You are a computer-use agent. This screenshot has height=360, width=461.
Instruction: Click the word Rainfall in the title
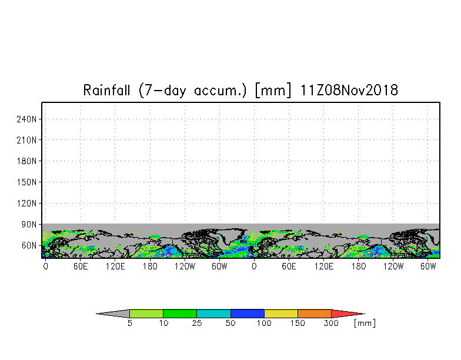(106, 90)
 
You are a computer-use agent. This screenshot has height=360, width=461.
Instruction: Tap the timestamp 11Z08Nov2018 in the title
(349, 90)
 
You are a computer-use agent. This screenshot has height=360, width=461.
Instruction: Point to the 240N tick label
(26, 119)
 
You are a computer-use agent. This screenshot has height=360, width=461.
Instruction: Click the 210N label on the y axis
(26, 140)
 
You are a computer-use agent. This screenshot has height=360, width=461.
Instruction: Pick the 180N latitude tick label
(26, 161)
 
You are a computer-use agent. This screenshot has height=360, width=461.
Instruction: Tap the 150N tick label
(26, 182)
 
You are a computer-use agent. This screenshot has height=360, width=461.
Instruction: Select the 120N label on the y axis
(26, 204)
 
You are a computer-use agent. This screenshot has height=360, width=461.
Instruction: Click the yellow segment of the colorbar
(281, 314)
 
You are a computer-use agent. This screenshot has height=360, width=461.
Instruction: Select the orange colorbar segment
(314, 314)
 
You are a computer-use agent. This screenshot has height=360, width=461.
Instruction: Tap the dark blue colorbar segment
(247, 314)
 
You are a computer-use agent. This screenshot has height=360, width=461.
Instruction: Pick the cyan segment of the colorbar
(213, 314)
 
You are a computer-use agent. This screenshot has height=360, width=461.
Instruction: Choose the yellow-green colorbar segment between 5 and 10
(146, 314)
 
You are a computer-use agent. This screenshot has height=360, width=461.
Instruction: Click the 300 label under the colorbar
(331, 324)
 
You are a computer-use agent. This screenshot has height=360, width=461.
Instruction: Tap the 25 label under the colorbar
(196, 324)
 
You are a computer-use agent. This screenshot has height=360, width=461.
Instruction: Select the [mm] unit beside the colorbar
(365, 324)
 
